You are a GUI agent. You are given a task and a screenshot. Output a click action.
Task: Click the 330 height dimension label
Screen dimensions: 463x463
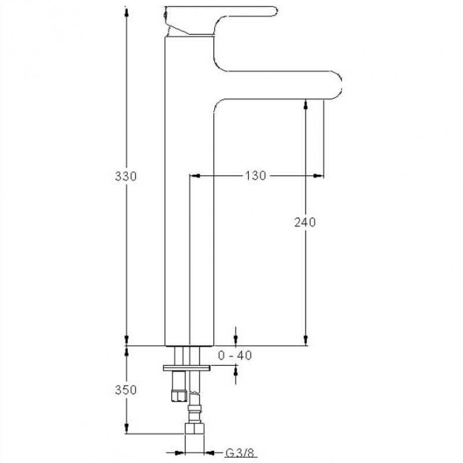point(126,177)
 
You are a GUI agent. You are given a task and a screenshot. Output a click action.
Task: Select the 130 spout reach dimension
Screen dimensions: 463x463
point(255,176)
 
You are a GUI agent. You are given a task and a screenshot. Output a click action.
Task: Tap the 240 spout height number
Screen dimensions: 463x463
point(305,222)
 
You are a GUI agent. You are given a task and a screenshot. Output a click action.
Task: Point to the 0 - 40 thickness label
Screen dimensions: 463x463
point(235,355)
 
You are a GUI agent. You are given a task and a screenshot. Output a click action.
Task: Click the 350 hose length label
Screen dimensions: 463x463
point(126,389)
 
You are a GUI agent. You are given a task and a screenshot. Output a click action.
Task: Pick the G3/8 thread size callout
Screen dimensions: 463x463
point(240,453)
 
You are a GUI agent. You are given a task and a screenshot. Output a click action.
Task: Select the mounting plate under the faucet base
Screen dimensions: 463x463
point(186,368)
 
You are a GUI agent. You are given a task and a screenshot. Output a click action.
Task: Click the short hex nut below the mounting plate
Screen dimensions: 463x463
point(179,396)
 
